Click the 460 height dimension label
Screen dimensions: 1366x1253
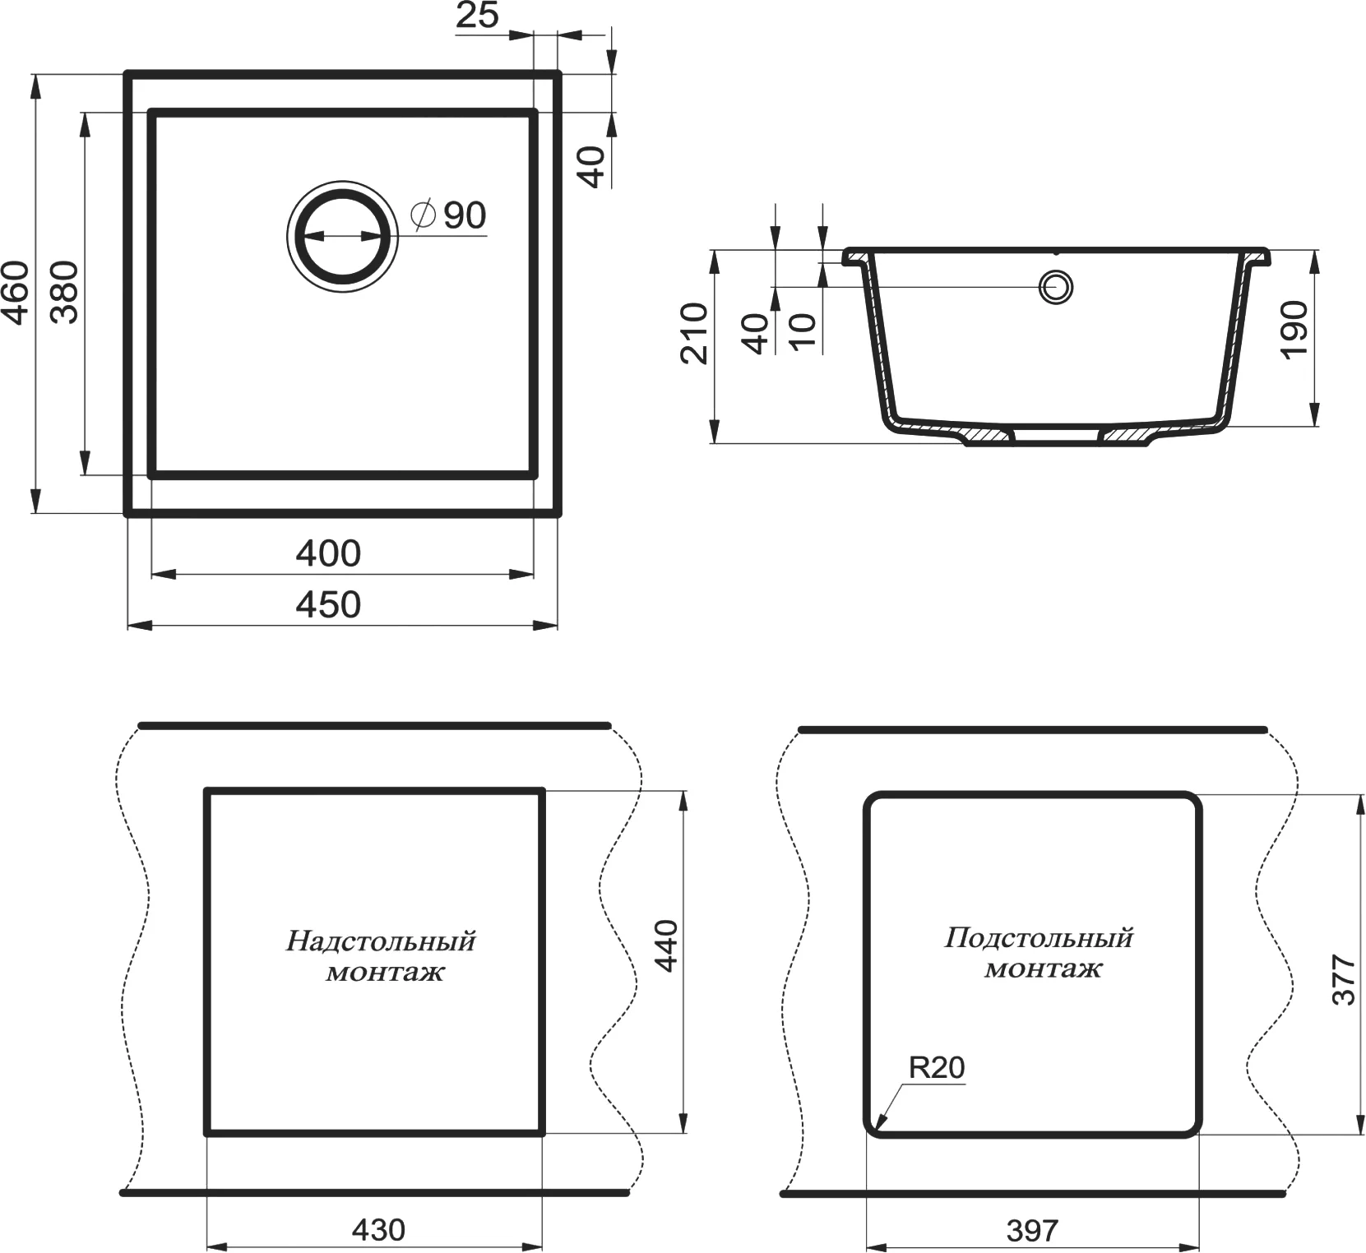point(16,292)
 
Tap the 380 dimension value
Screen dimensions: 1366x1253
point(65,292)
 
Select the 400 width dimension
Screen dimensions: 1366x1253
point(328,554)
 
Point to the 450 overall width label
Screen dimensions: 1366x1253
point(328,605)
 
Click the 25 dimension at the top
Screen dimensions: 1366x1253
point(478,16)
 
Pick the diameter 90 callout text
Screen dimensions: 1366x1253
point(449,215)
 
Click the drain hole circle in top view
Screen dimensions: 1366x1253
point(342,238)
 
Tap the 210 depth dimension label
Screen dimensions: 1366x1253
point(695,333)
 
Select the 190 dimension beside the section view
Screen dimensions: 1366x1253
point(1294,330)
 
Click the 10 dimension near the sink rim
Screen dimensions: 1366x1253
point(803,333)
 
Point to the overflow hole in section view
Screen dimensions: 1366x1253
point(1055,288)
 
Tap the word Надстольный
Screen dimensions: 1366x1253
point(381,941)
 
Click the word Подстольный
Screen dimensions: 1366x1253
point(1039,938)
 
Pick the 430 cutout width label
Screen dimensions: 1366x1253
point(378,1230)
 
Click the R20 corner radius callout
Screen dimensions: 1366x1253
point(937,1067)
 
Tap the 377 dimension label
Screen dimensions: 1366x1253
point(1343,979)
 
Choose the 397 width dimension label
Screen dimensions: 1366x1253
point(1032,1231)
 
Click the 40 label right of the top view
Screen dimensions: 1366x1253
point(592,166)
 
